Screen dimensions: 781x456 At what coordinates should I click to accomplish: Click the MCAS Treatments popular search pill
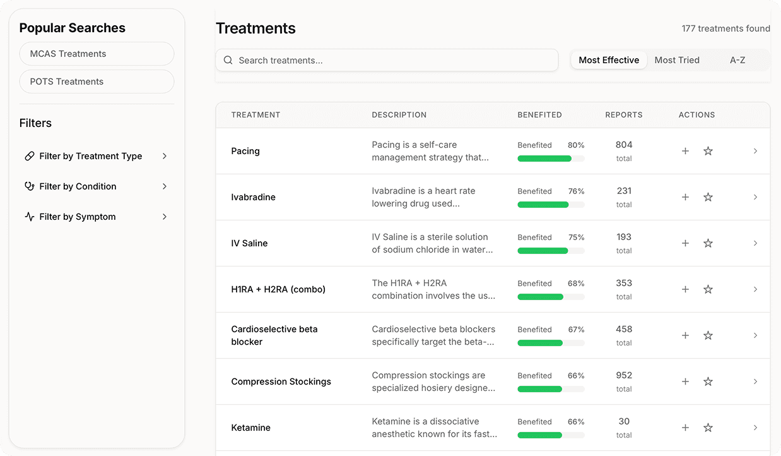point(97,54)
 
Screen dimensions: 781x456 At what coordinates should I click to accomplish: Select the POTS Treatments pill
point(97,81)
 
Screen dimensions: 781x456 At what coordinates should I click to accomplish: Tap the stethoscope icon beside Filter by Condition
point(30,186)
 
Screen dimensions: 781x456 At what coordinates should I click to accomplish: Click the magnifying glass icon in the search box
point(228,61)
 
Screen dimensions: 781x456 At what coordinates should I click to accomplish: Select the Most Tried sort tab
point(677,60)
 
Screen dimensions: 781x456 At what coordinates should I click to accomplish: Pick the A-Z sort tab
point(737,60)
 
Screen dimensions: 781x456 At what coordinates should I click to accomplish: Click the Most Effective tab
point(609,60)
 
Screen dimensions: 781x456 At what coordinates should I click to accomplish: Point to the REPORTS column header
point(624,115)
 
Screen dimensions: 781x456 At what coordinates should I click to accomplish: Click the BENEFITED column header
point(540,115)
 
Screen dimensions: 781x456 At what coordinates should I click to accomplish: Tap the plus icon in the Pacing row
point(685,151)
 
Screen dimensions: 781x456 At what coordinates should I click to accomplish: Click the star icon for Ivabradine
point(708,197)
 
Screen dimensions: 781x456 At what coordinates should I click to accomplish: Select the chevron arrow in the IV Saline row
point(755,243)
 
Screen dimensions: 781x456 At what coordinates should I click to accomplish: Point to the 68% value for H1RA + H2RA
point(576,284)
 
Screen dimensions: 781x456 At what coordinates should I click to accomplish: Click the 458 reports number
point(624,329)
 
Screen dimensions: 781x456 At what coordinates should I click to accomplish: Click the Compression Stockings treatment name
point(281,381)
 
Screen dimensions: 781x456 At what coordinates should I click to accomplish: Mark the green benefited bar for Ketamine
point(540,435)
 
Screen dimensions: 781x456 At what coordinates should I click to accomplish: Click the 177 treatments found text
point(725,28)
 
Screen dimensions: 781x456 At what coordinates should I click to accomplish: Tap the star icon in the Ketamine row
point(708,428)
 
